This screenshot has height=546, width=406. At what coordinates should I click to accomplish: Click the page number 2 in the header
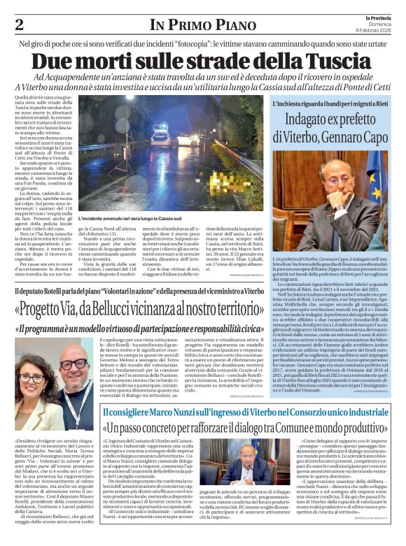click(19, 24)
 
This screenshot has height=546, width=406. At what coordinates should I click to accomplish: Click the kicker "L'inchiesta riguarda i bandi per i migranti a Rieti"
click(329, 103)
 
